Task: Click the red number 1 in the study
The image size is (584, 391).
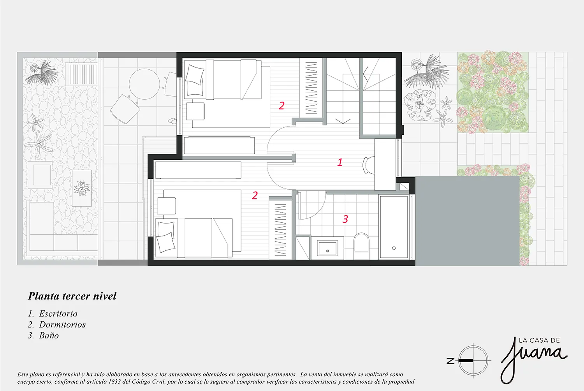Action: coord(339,162)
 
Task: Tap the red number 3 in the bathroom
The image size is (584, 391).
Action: coord(345,219)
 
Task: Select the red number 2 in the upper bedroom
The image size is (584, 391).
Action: coord(281,106)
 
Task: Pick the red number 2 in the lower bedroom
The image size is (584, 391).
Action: coord(255,195)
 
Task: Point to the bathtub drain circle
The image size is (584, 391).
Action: coord(394,248)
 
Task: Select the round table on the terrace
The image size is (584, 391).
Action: coord(144,84)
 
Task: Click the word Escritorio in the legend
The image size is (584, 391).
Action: coord(58,314)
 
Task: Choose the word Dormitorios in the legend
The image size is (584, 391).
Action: coord(62,324)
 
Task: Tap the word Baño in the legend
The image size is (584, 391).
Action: coord(49,335)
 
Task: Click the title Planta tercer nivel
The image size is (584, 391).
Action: coord(72,296)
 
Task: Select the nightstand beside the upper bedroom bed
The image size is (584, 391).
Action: coord(195,111)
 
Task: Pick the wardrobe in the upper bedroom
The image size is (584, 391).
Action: coord(311,88)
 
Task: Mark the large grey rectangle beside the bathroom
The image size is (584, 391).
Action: coord(467,221)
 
